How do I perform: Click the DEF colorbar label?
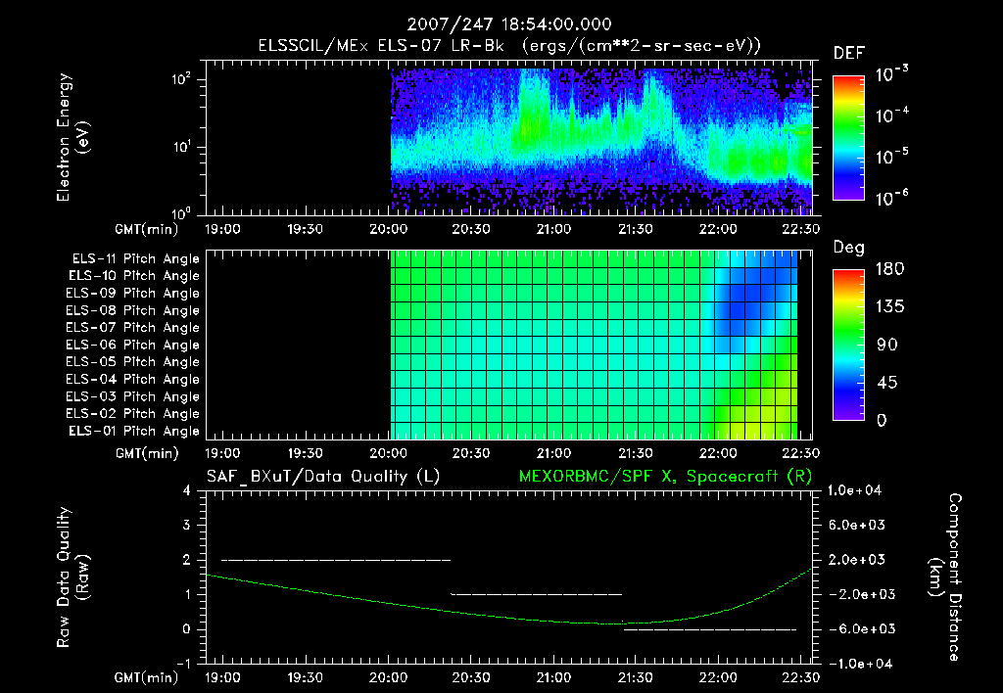pyautogui.click(x=848, y=53)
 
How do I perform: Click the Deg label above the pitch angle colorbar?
pyautogui.click(x=847, y=249)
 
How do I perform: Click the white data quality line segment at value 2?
pyautogui.click(x=336, y=560)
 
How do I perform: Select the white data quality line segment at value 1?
pyautogui.click(x=536, y=594)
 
